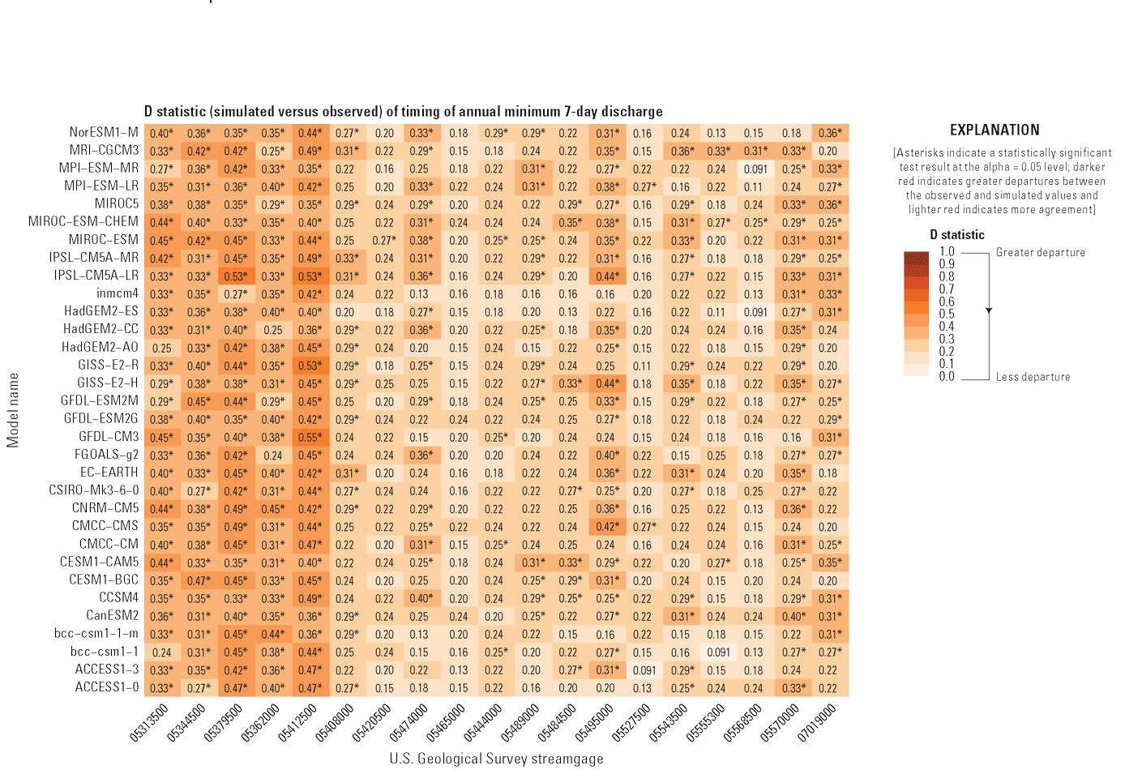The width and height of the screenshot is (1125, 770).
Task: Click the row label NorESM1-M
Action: (x=104, y=132)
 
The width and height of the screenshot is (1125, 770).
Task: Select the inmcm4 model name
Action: (x=118, y=293)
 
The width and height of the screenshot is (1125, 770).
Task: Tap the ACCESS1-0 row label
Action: (x=107, y=687)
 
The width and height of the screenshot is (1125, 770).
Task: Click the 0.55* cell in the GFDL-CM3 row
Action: (x=310, y=437)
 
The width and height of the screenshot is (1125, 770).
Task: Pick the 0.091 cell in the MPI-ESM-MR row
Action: (x=754, y=169)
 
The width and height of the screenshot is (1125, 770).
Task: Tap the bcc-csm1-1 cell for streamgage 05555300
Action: (x=716, y=652)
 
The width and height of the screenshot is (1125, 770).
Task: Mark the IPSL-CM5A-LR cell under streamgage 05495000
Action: (x=605, y=276)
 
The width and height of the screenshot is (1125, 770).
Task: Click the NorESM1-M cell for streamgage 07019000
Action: (x=828, y=133)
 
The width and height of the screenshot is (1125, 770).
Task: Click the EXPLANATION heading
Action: (x=994, y=130)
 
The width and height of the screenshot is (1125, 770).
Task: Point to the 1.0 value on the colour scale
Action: (x=946, y=251)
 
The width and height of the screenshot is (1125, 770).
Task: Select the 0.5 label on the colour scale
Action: (x=946, y=314)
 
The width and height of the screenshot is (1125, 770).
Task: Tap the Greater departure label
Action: (x=1040, y=252)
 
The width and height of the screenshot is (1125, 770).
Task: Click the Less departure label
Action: (x=1033, y=377)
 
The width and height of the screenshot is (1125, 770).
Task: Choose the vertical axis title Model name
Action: (x=13, y=409)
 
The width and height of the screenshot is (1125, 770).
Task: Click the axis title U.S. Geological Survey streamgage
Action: (x=496, y=759)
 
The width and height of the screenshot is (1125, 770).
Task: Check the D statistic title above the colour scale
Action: (x=956, y=235)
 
